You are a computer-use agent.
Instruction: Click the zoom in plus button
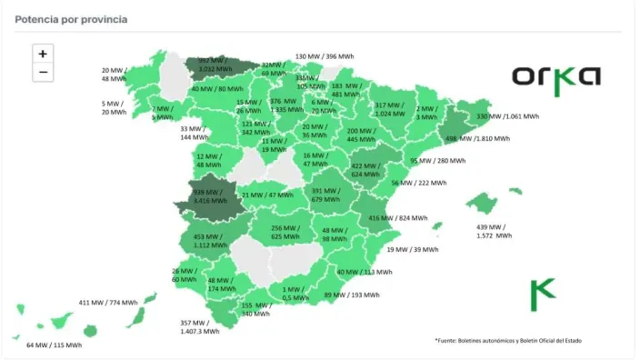point(43,55)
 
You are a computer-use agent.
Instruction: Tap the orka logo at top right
point(555,75)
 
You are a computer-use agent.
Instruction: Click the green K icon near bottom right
point(542,295)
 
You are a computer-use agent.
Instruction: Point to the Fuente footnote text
point(507,341)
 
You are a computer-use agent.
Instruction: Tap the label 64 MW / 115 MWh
point(54,345)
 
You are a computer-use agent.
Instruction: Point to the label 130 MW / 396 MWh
point(325,56)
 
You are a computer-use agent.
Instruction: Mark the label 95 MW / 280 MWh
point(437,161)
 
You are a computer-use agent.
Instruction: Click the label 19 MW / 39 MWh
point(411,249)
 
